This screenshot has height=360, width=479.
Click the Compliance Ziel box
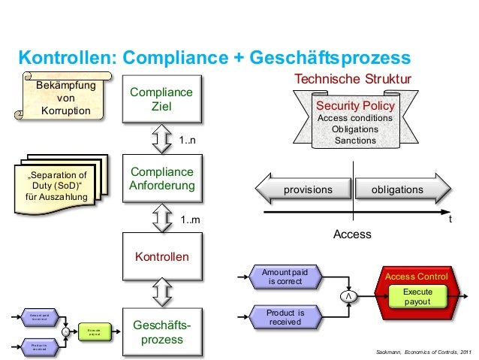161,99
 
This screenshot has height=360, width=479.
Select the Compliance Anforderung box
161,178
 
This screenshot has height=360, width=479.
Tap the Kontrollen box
161,257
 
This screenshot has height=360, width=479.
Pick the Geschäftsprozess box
161,333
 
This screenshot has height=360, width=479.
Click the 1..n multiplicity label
188,140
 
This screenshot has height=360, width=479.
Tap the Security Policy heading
355,106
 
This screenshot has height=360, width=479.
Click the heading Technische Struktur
353,79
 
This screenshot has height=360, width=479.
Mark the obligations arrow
397,189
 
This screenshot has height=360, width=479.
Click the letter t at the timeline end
450,221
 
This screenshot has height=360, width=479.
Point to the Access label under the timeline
352,234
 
